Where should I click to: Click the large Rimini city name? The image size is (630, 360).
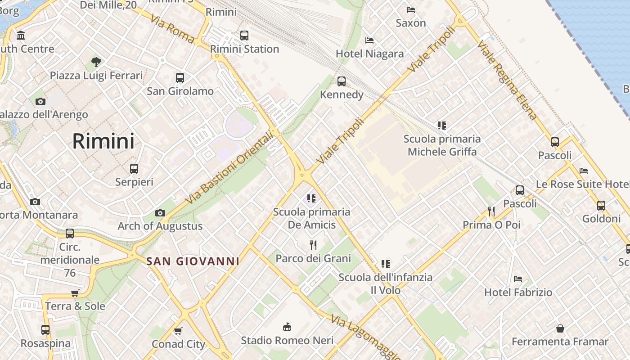coord(103,141)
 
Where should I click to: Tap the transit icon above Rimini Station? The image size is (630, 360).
coord(244,35)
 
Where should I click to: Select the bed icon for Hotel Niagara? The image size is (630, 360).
coord(369,40)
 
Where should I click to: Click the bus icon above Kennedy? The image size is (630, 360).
coord(342,81)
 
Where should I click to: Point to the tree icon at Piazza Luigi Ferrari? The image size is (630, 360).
coord(96,62)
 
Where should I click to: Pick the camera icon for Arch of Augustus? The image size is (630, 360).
coord(160,213)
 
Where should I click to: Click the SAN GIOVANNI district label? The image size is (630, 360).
coord(193,261)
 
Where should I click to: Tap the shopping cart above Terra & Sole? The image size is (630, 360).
coord(75,293)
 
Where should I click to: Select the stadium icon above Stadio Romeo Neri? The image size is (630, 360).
coord(287,327)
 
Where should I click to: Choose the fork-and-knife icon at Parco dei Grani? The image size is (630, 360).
coord(313,245)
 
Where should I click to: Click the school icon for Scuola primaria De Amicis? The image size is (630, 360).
coord(311,198)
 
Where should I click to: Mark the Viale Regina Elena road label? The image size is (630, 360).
coord(507,80)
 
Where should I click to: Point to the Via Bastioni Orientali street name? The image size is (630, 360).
coord(229,167)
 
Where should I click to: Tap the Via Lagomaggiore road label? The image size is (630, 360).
coord(365,338)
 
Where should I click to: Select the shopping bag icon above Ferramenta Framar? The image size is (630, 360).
coord(560,328)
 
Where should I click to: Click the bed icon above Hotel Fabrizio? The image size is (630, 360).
coord(518,279)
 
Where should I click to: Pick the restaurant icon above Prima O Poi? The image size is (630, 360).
coord(491,211)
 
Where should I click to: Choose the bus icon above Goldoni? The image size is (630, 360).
coord(601,206)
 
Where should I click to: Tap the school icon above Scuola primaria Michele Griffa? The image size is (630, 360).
coord(442,126)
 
